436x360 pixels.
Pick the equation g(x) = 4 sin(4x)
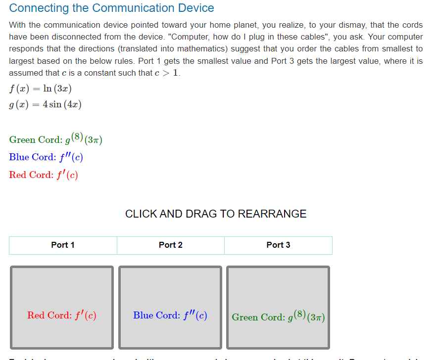(46, 105)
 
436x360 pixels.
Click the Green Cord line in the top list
(55, 139)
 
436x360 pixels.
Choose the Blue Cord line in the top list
(46, 157)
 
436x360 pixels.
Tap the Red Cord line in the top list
(44, 175)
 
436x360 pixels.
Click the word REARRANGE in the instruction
(272, 214)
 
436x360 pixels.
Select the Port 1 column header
(63, 245)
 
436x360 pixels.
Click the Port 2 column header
(171, 245)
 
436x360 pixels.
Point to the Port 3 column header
(278, 245)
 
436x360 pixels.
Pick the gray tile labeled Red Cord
(62, 308)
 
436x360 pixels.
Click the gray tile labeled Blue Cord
(170, 308)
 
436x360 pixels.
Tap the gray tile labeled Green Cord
(278, 308)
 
